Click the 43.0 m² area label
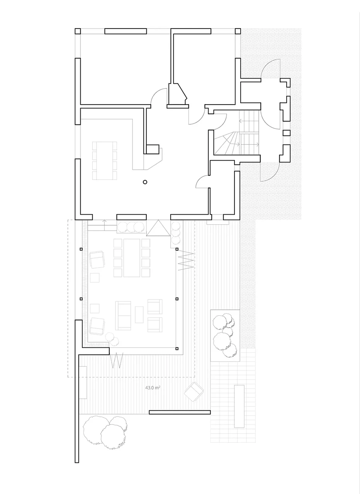pos(153,387)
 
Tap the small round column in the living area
pos(145,182)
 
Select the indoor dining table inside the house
pos(105,161)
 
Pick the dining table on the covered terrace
pos(132,257)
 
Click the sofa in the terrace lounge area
pos(123,315)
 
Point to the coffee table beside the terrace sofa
pos(139,315)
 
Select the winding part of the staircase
pos(226,143)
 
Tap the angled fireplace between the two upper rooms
pos(178,94)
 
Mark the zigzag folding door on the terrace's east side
pos(186,261)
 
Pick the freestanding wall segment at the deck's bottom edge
pos(180,412)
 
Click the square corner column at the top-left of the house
pos(78,31)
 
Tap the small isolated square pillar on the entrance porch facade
pos(287,133)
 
